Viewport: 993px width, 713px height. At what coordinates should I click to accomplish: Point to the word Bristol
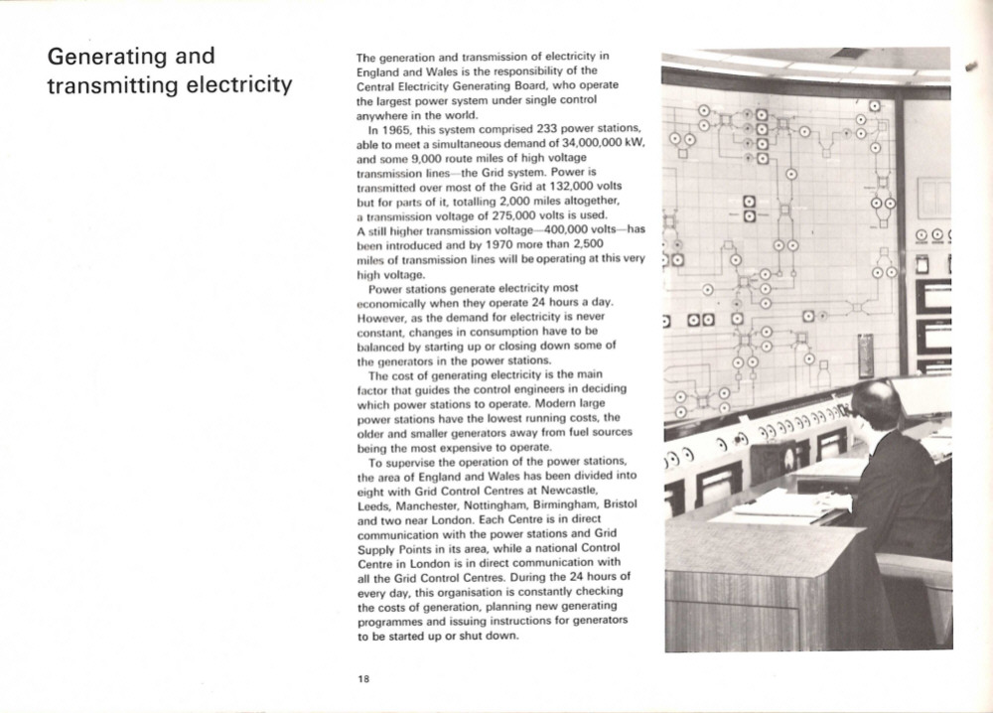(x=620, y=504)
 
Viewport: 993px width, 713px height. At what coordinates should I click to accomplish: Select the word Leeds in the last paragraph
(x=372, y=504)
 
